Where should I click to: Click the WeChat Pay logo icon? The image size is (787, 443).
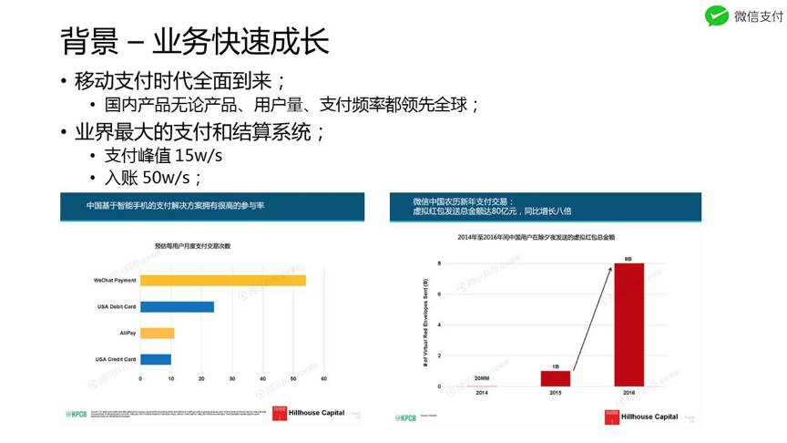(717, 16)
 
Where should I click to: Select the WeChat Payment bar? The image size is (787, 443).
(223, 280)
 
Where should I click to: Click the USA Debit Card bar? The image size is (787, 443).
(177, 306)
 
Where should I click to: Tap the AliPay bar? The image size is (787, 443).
(157, 333)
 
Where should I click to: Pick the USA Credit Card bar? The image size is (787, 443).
(155, 359)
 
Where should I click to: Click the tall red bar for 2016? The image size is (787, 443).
(629, 324)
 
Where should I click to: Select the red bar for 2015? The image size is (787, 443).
(556, 378)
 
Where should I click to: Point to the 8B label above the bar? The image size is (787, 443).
(629, 258)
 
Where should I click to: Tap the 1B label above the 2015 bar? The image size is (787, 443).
(556, 366)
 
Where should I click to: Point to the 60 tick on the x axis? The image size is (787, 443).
(324, 378)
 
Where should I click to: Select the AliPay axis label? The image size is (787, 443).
(128, 333)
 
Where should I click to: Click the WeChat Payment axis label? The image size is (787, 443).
(115, 280)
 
